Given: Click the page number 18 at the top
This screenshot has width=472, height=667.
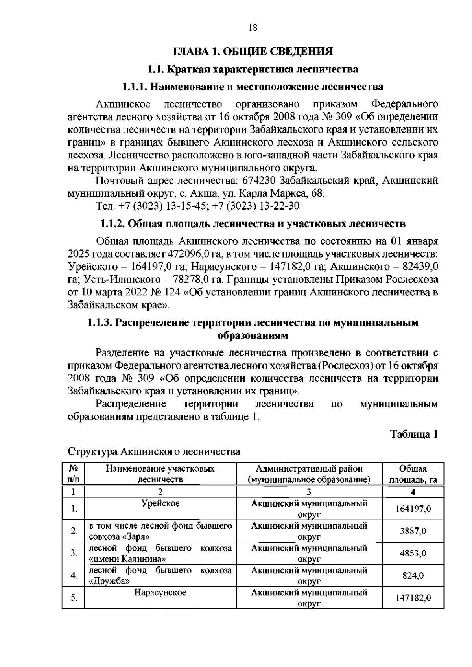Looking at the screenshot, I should (253, 28).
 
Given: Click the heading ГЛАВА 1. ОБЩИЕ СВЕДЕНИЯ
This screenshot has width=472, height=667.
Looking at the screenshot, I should (253, 52).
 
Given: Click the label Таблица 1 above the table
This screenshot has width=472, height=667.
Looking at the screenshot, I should (414, 434).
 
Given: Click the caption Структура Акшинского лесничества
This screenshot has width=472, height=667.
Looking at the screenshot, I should (154, 451).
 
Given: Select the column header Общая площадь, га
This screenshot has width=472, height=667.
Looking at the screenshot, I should (413, 474).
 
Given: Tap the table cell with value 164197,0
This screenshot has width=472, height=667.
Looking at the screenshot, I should (413, 509).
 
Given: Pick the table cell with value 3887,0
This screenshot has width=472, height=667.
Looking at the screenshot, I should (413, 531).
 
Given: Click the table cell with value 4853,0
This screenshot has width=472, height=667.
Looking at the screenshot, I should (413, 553).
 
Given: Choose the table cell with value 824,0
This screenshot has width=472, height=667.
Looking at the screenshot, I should (413, 576).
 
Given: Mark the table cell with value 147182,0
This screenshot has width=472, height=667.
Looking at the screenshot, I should (413, 598).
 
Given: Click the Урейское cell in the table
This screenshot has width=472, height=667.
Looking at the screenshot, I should (160, 503).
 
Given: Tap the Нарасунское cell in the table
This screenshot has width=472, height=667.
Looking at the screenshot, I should (160, 593).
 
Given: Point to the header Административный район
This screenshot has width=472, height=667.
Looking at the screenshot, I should (309, 469).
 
